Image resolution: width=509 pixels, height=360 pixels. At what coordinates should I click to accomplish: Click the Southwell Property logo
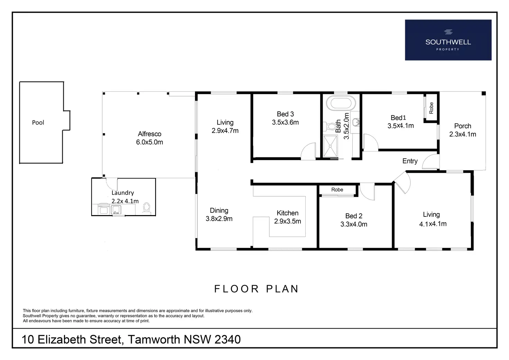point(448,40)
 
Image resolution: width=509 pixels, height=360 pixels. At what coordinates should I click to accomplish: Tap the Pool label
point(38,122)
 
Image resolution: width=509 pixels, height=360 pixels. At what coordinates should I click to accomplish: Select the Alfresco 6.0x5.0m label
point(149,138)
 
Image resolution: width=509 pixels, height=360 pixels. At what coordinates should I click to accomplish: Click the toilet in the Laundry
point(147,208)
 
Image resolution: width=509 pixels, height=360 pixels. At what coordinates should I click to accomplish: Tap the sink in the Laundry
point(116,210)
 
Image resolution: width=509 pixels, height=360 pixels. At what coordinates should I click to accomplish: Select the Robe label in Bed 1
point(431,108)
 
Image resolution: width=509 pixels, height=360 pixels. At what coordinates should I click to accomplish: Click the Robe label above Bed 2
point(337,190)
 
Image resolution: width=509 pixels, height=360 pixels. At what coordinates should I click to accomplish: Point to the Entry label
point(410,161)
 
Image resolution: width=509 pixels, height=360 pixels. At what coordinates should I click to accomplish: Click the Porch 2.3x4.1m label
point(463,130)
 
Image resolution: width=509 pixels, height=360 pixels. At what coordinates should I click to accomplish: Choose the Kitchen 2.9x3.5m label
point(287,217)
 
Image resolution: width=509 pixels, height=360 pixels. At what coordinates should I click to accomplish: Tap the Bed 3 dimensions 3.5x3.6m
point(285,122)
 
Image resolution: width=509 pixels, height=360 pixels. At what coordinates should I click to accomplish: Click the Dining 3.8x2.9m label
point(219,214)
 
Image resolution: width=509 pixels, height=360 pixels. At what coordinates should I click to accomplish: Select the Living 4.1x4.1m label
point(433,219)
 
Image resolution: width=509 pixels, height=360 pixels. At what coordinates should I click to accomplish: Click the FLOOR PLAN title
point(256,289)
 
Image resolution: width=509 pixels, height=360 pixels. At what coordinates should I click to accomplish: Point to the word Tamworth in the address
point(154,340)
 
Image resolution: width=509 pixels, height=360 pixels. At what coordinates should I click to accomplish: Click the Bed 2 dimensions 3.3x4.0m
point(354,224)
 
